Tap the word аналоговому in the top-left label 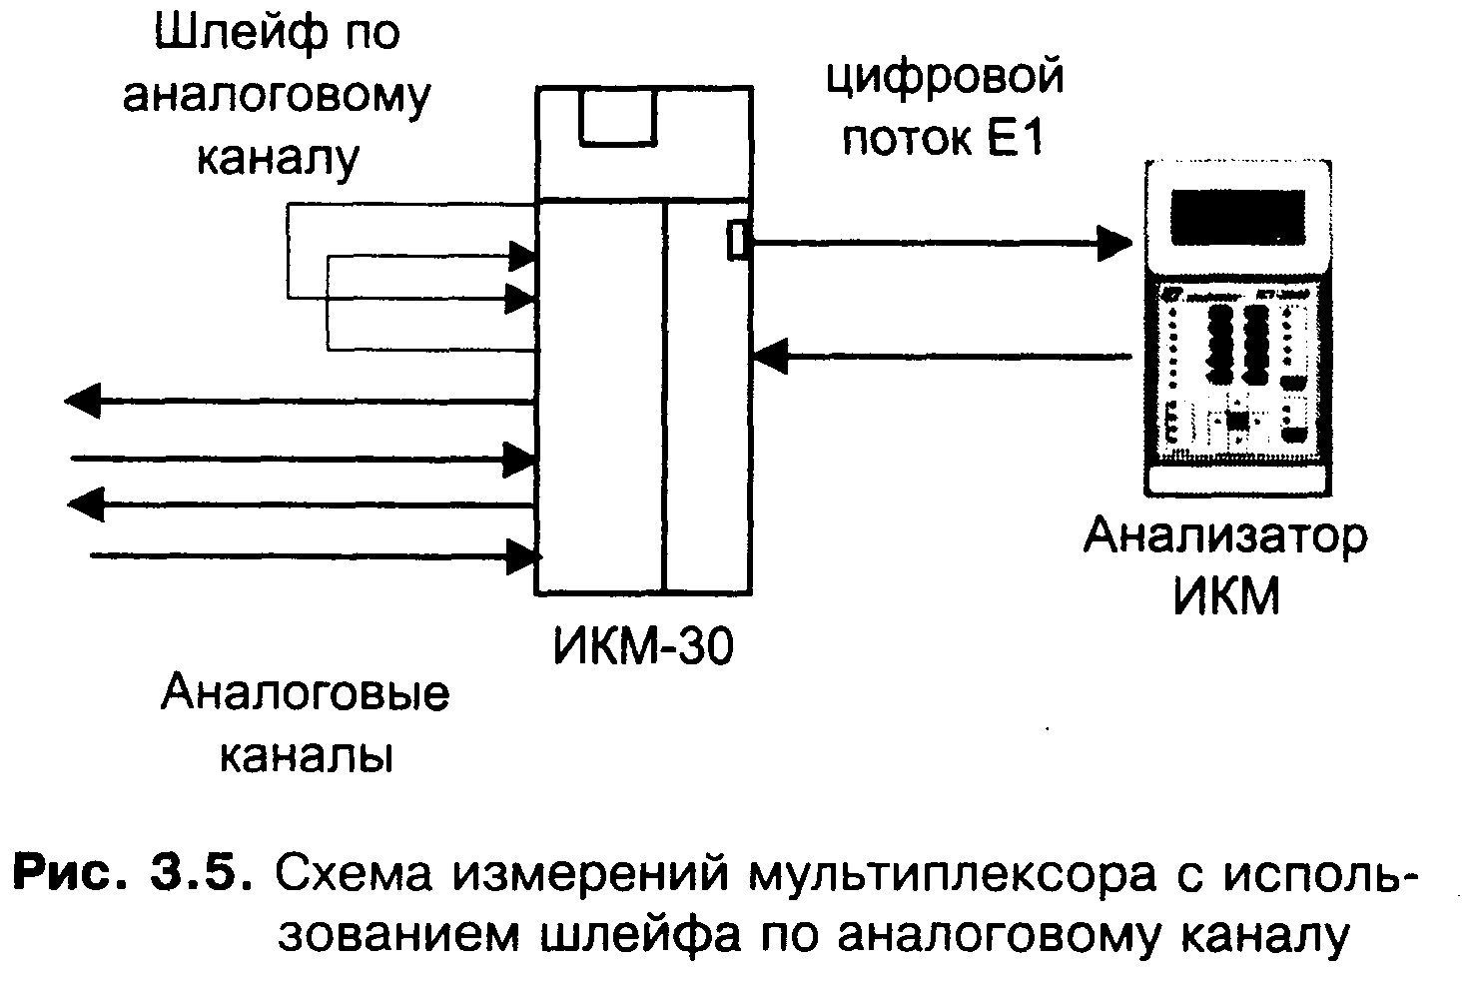tap(277, 97)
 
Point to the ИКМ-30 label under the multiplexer tap(643, 646)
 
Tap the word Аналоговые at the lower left tap(306, 692)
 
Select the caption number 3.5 tap(202, 874)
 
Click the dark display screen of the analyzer tap(1237, 218)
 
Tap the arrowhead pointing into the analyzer tap(1114, 244)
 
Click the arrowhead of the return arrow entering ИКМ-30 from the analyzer tap(770, 358)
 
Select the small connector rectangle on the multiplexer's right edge tap(738, 240)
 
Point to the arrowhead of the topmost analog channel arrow tap(82, 401)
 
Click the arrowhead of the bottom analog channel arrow tap(523, 556)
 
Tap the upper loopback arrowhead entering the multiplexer tap(522, 256)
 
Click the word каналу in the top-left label tap(279, 158)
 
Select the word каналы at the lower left tap(306, 755)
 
